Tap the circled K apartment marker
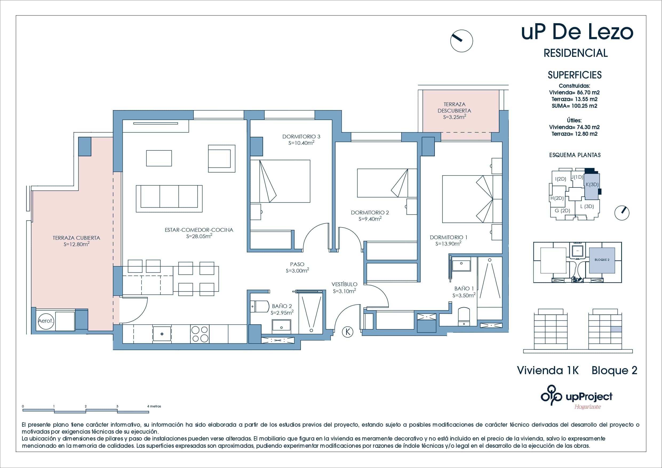(x=348, y=332)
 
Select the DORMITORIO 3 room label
(x=301, y=136)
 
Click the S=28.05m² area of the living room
(x=199, y=236)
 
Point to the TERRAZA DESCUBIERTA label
(x=454, y=107)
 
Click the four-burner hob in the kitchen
(x=200, y=334)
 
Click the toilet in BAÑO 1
(x=464, y=317)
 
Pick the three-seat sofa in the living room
(x=169, y=199)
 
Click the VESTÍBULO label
(x=344, y=284)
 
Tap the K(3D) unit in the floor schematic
(x=592, y=185)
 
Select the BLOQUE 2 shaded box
(x=602, y=260)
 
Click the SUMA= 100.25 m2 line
(x=574, y=106)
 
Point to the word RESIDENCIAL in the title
(x=576, y=53)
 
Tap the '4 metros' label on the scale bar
(x=154, y=406)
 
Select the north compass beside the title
(x=461, y=41)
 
